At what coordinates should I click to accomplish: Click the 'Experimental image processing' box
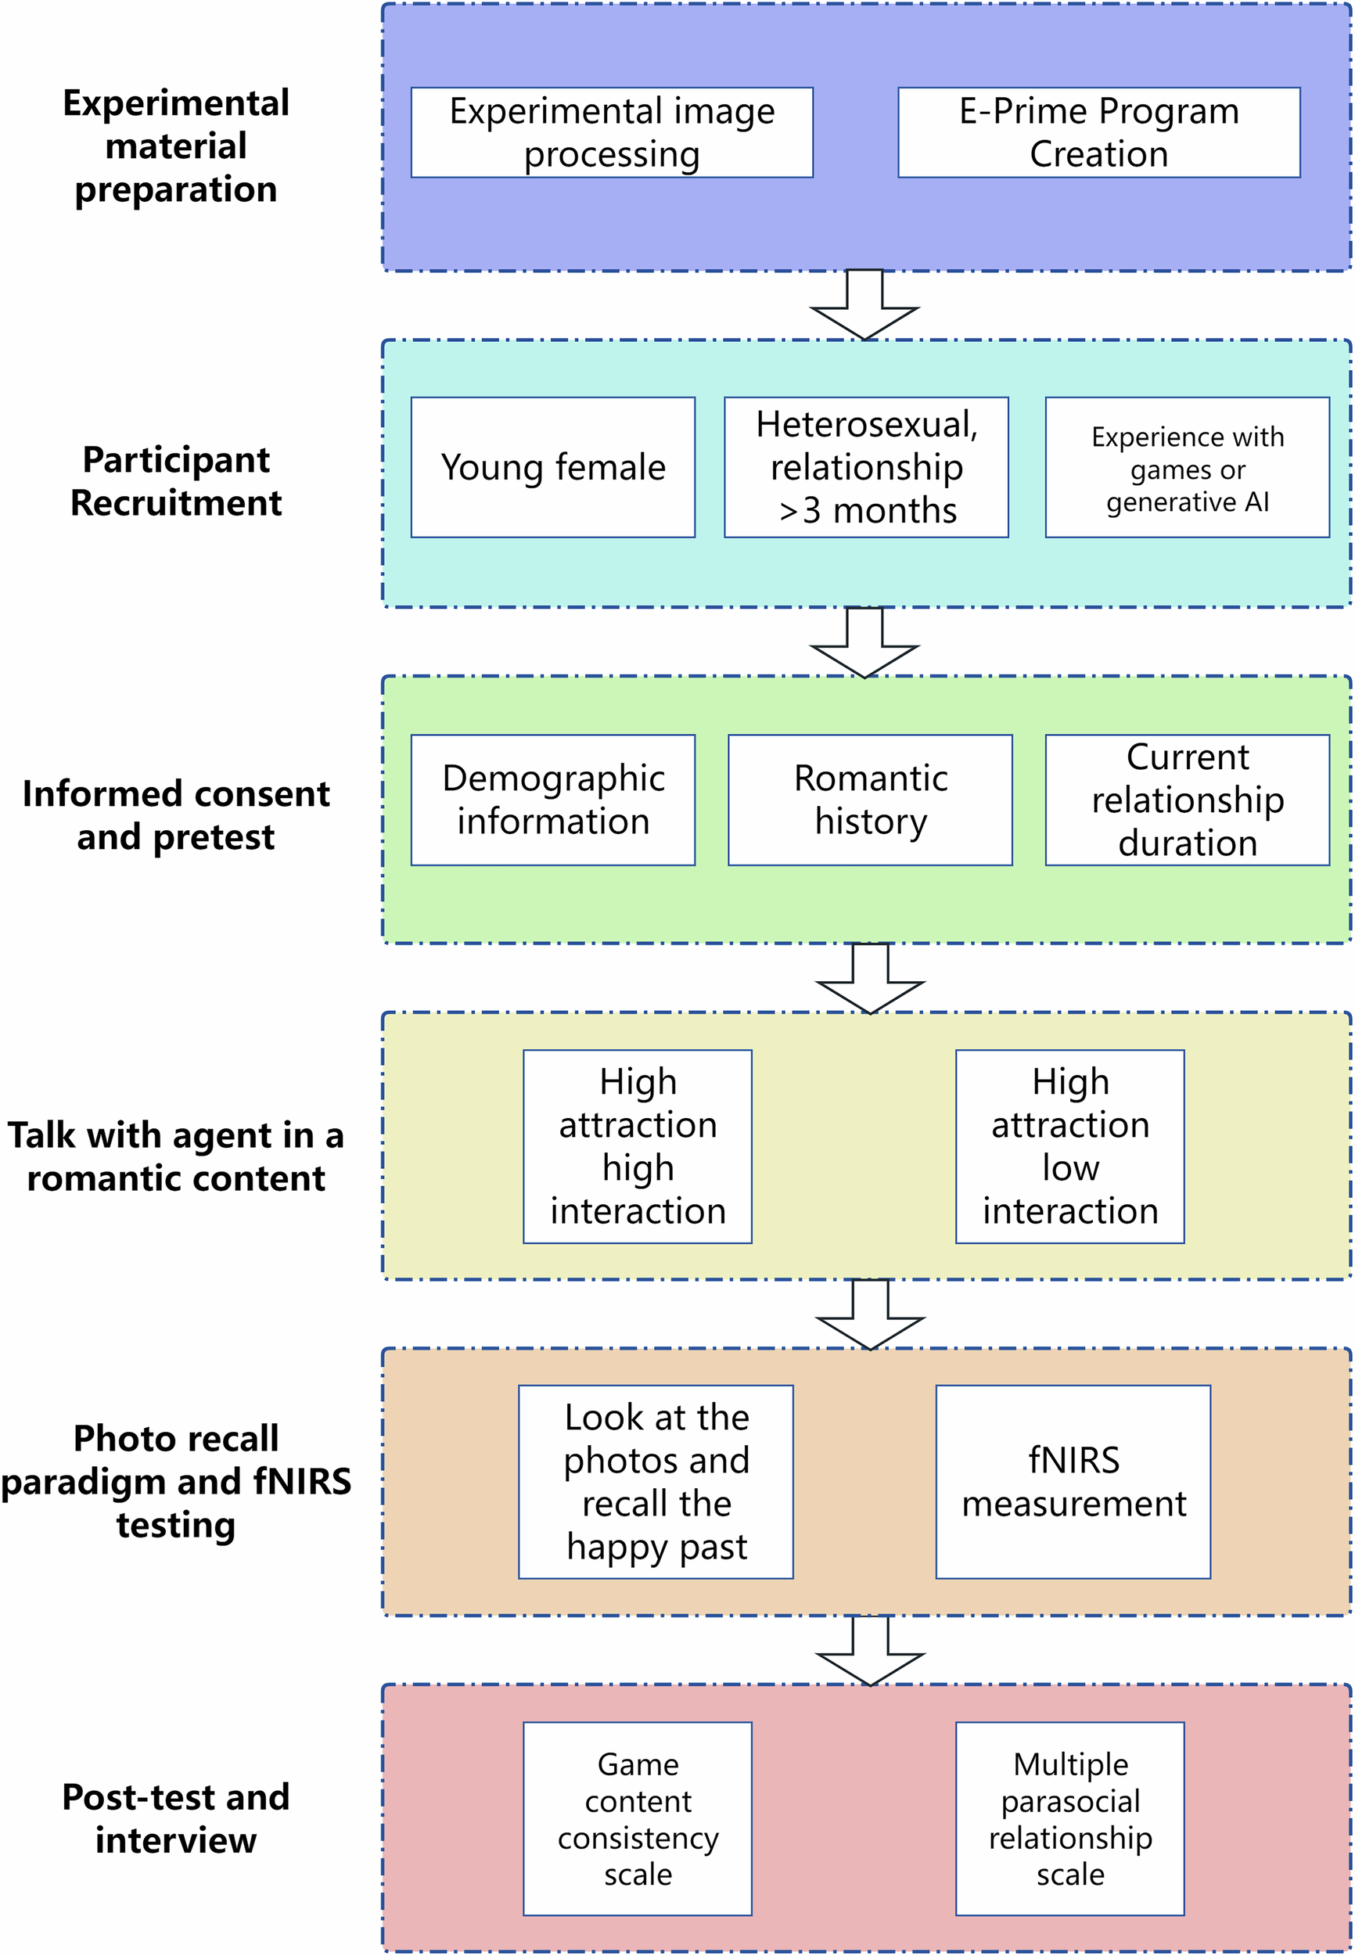(x=611, y=132)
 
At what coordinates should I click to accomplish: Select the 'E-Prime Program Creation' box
(x=1098, y=132)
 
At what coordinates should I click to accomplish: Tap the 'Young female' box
(x=552, y=467)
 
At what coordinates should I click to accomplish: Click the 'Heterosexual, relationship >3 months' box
(x=865, y=467)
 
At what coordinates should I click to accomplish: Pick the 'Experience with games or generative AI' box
(x=1186, y=467)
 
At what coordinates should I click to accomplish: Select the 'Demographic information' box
(x=552, y=800)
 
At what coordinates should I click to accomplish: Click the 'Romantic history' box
(x=869, y=800)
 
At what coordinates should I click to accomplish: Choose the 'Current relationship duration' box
(x=1186, y=800)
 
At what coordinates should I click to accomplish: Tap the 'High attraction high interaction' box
(x=637, y=1146)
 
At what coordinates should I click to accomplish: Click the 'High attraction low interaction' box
(x=1069, y=1146)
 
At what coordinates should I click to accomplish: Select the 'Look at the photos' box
(x=656, y=1481)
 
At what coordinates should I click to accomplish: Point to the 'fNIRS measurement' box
(x=1073, y=1481)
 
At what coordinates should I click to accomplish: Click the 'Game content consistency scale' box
(x=637, y=1818)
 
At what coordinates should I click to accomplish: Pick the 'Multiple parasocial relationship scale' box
(x=1069, y=1818)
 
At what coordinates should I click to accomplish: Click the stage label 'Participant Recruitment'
(x=176, y=480)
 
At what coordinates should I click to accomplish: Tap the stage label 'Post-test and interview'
(x=176, y=1818)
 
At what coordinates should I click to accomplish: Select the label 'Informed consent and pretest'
(x=176, y=815)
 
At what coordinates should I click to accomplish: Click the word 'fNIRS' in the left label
(x=302, y=1481)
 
